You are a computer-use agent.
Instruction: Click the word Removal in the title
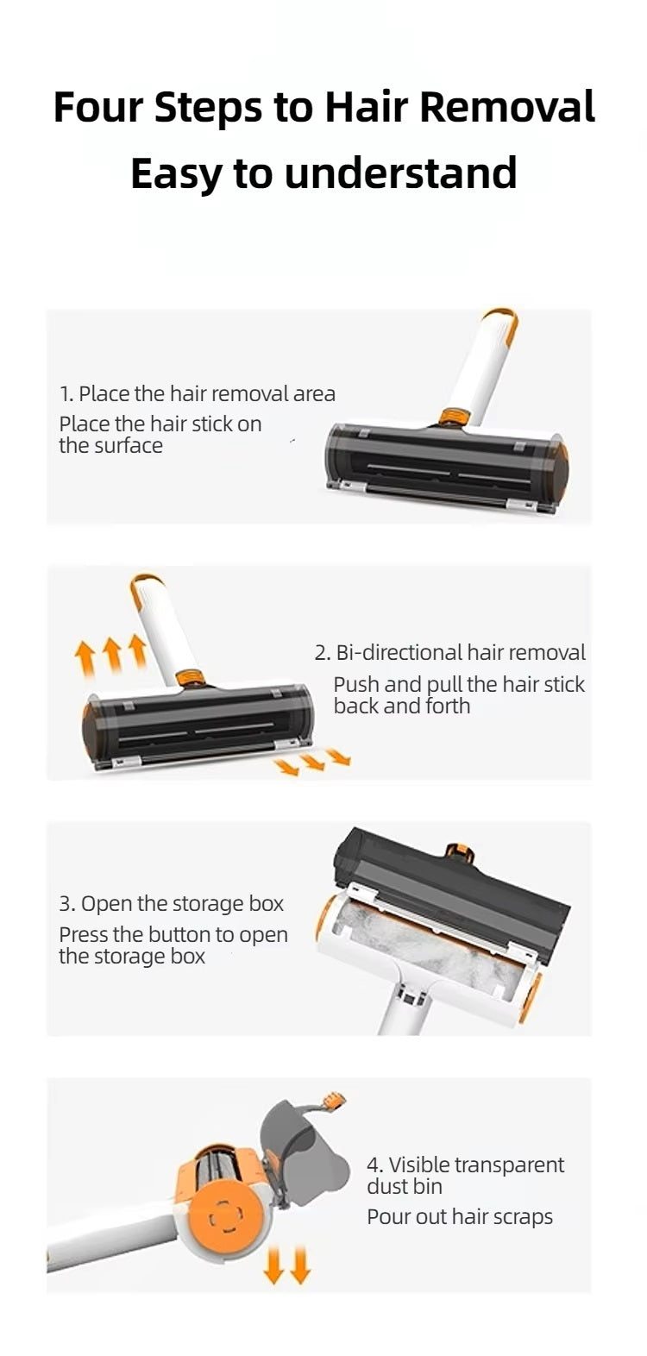point(507,108)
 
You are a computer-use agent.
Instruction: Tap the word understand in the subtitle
point(400,173)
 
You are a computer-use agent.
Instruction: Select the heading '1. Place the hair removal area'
point(198,394)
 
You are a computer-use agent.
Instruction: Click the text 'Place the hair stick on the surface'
point(160,435)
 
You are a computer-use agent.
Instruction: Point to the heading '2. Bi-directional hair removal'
point(449,652)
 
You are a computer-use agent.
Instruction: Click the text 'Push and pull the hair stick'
point(459,685)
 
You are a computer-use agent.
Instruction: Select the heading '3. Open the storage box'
point(172,903)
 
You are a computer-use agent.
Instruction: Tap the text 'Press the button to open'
point(173,934)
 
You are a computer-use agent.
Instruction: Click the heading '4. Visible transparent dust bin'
point(465,1175)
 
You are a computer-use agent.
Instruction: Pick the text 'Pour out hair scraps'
point(460,1217)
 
